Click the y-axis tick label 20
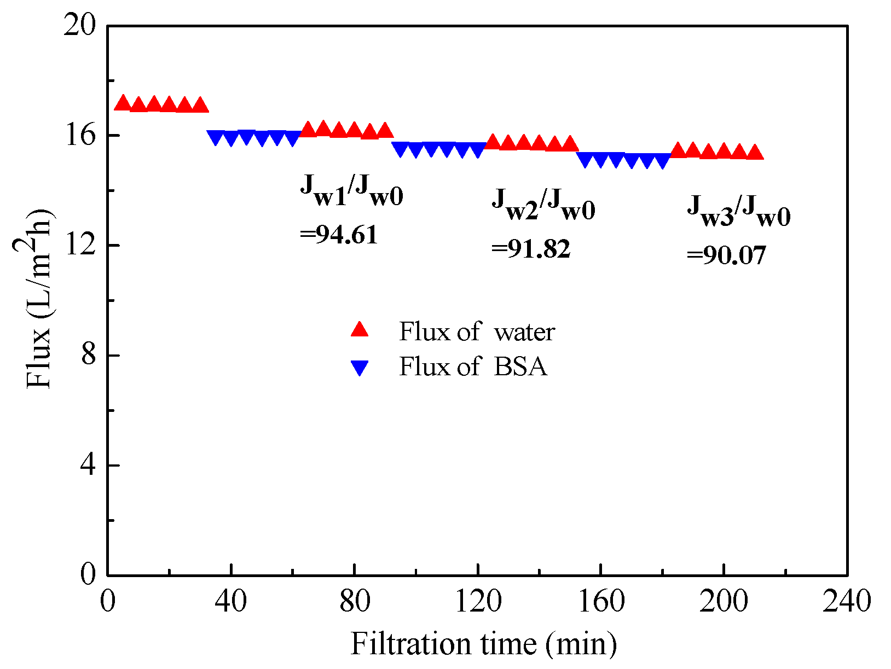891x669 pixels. click(79, 26)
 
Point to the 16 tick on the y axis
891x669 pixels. click(79, 136)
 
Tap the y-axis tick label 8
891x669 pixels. click(88, 356)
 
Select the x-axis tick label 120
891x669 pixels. click(478, 601)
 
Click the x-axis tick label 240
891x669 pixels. click(847, 601)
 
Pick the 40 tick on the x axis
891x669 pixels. click(231, 601)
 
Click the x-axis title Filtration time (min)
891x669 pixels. click(483, 643)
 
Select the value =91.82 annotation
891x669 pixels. click(530, 249)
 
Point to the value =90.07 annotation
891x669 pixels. click(726, 255)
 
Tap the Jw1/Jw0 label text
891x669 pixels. click(351, 191)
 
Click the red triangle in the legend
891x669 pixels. click(360, 330)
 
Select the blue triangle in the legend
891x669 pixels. click(360, 368)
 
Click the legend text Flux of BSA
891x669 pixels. click(473, 367)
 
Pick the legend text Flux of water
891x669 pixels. click(477, 332)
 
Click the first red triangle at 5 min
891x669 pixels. click(123, 103)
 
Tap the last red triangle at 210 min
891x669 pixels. click(755, 153)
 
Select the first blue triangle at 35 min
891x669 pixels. click(216, 138)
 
